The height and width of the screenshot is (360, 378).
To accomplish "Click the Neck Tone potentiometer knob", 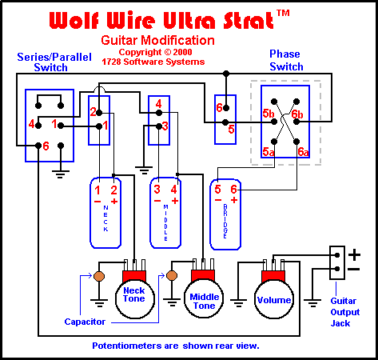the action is pyautogui.click(x=135, y=298).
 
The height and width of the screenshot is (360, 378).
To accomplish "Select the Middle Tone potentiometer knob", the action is pyautogui.click(x=204, y=298).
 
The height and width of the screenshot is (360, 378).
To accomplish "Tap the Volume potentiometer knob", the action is pyautogui.click(x=274, y=299).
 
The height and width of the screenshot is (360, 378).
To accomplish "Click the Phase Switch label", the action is pyautogui.click(x=286, y=60).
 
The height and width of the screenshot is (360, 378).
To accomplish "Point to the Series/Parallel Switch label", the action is pyautogui.click(x=54, y=62).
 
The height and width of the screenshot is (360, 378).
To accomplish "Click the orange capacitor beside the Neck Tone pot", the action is pyautogui.click(x=99, y=276).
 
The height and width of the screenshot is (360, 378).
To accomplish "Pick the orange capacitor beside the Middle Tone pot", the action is pyautogui.click(x=172, y=276).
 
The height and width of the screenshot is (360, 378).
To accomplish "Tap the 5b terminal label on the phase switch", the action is pyautogui.click(x=268, y=114).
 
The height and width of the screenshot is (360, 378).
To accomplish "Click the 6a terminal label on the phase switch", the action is pyautogui.click(x=303, y=152).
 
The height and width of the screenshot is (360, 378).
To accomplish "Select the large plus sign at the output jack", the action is pyautogui.click(x=354, y=254).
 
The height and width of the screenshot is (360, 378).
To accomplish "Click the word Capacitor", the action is pyautogui.click(x=85, y=322).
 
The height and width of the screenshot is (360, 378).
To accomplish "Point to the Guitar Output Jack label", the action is pyautogui.click(x=345, y=312).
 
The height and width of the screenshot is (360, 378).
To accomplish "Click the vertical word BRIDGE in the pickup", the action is pyautogui.click(x=225, y=222).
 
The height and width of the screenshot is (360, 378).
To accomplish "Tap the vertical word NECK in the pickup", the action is pyautogui.click(x=105, y=218).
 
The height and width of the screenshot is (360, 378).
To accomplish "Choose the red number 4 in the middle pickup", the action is pyautogui.click(x=174, y=190).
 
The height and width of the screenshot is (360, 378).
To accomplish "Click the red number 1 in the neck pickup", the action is pyautogui.click(x=97, y=190).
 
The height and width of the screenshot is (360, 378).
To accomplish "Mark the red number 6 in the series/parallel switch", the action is pyautogui.click(x=46, y=146).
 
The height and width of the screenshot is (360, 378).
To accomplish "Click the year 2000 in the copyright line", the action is pyautogui.click(x=182, y=52).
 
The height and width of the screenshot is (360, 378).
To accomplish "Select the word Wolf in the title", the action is pyautogui.click(x=74, y=20).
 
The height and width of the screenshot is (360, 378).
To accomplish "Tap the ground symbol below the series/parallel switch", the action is pyautogui.click(x=61, y=174).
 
